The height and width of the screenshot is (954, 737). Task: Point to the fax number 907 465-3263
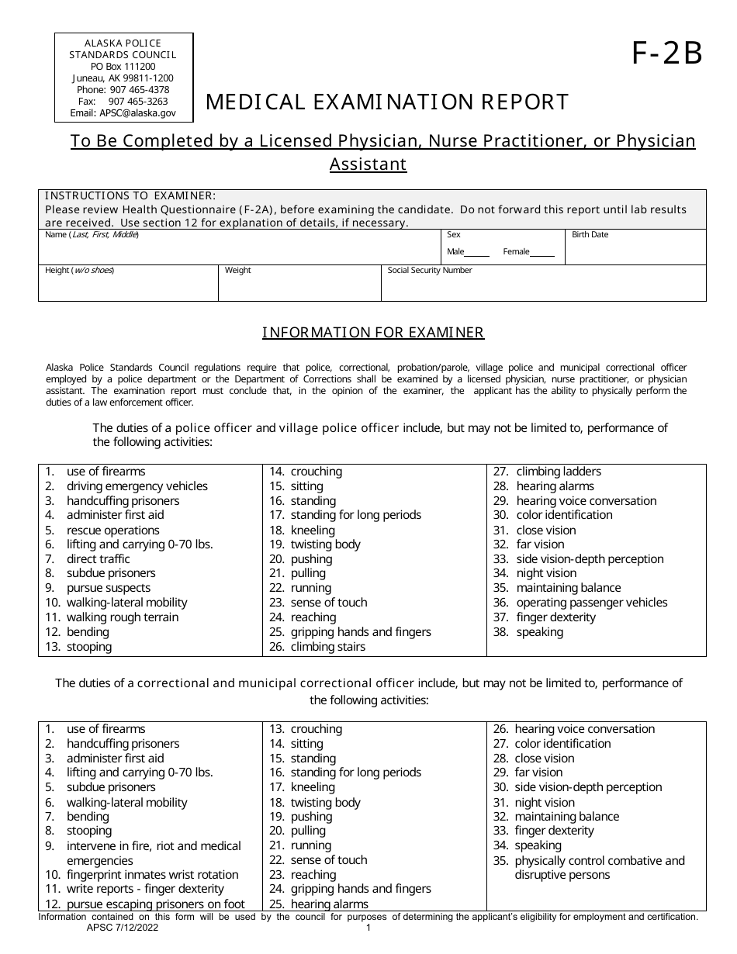[137, 102]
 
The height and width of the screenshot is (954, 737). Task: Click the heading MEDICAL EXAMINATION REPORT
[387, 102]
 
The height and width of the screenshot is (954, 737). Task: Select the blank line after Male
[477, 252]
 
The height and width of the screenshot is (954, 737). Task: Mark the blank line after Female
[543, 252]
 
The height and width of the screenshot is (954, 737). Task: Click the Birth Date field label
[590, 235]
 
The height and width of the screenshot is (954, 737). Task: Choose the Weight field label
[238, 271]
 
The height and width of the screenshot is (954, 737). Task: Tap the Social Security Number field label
[430, 271]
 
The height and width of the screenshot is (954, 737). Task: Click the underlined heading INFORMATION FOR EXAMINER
[373, 333]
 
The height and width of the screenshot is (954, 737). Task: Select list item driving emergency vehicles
[137, 486]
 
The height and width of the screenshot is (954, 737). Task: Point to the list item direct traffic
[99, 559]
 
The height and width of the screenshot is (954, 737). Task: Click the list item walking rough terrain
[122, 617]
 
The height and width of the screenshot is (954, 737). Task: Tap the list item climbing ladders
[558, 472]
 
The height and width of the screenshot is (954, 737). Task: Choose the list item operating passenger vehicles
[591, 603]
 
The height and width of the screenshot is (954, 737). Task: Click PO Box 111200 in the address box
[123, 67]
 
